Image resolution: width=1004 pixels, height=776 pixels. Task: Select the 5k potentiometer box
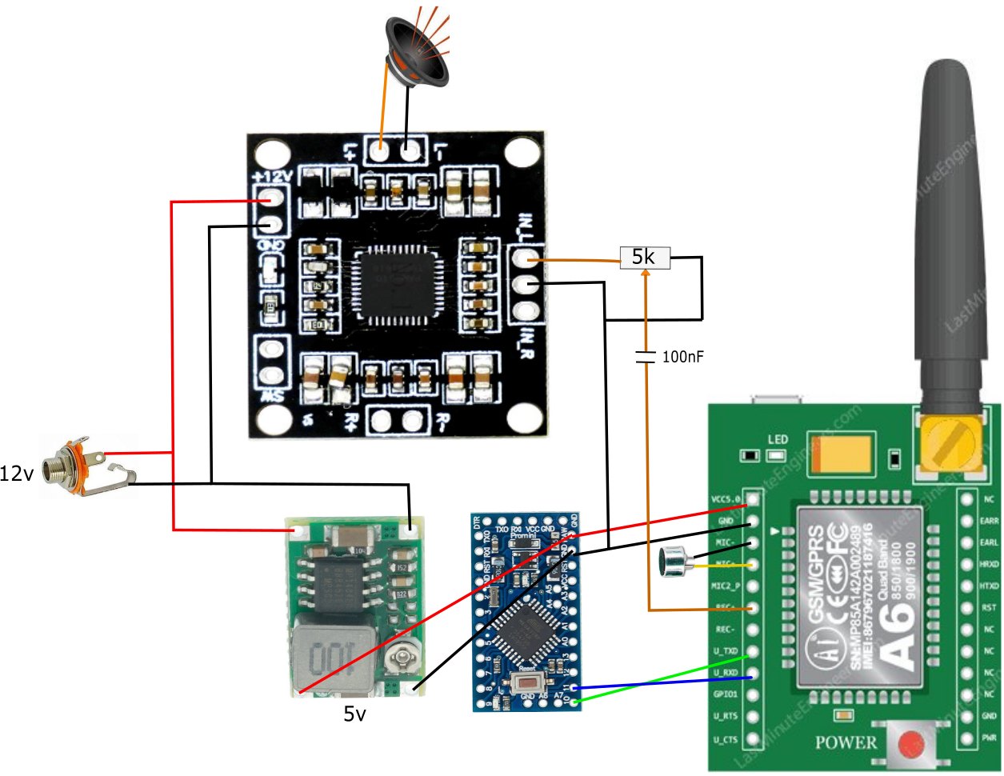pyautogui.click(x=645, y=258)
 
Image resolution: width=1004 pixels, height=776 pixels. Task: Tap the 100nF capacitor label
pyautogui.click(x=682, y=357)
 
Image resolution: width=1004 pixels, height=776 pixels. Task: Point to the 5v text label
pyautogui.click(x=354, y=714)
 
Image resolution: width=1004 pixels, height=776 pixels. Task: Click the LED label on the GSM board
pyautogui.click(x=778, y=439)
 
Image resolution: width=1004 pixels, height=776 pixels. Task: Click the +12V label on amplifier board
pyautogui.click(x=272, y=177)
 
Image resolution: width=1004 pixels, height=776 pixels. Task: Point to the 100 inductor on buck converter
pyautogui.click(x=327, y=656)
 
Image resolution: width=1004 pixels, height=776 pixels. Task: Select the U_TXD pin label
pyautogui.click(x=726, y=651)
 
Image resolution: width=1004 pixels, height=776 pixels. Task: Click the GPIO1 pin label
pyautogui.click(x=726, y=694)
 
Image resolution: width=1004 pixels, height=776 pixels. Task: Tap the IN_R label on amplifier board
pyautogui.click(x=526, y=342)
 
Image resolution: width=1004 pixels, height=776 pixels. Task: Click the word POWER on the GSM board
pyautogui.click(x=846, y=742)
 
